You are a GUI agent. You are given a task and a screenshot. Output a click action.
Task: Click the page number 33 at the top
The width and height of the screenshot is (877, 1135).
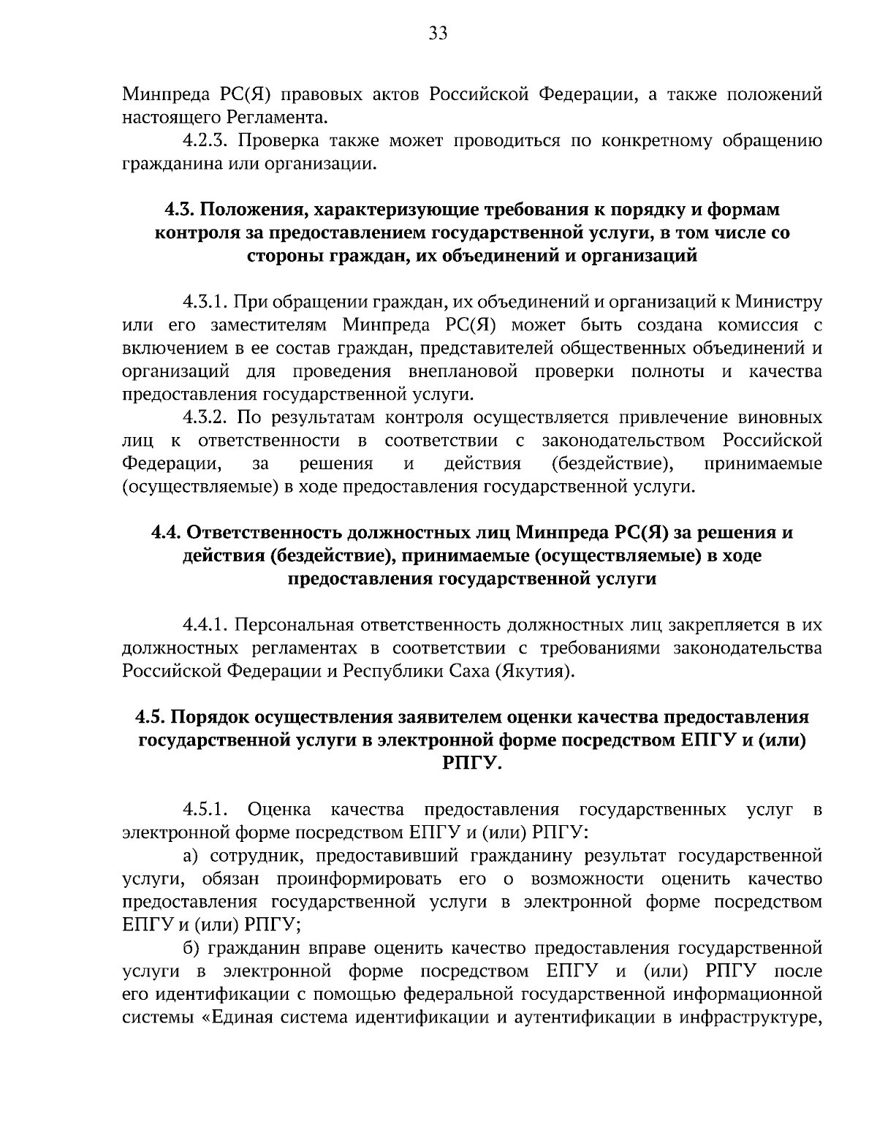point(438,34)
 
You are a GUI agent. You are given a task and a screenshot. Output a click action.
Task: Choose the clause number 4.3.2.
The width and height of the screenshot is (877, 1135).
point(208,418)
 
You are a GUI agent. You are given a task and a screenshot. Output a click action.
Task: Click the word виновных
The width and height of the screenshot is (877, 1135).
point(780,418)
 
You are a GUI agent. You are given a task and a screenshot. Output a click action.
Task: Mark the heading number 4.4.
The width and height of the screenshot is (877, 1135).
point(167,533)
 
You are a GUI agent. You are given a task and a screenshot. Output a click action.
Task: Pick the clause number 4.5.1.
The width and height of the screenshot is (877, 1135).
point(207,810)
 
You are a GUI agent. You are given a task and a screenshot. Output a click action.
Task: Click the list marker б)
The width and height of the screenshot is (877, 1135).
point(191,948)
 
